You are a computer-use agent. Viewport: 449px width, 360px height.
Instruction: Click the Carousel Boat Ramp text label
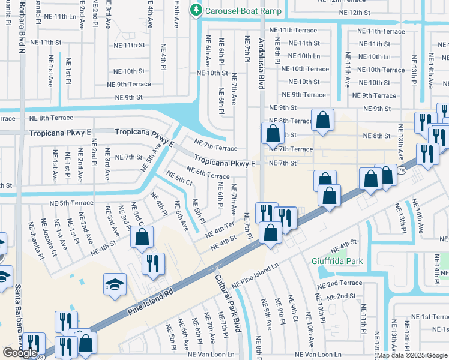pos(243,10)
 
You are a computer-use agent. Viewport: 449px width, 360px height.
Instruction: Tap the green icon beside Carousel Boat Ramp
pos(196,10)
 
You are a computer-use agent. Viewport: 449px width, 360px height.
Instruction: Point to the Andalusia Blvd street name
pos(261,59)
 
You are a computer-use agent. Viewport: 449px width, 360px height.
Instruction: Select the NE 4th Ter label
pos(220,229)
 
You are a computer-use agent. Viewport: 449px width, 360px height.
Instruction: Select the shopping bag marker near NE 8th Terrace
pos(323,119)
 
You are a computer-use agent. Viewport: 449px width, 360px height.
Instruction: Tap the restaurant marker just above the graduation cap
pos(152,262)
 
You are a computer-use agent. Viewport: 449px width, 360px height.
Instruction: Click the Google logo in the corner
pos(20,353)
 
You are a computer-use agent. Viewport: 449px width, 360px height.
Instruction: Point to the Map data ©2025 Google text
pos(411,355)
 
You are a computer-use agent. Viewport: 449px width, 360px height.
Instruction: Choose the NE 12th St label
pos(359,13)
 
